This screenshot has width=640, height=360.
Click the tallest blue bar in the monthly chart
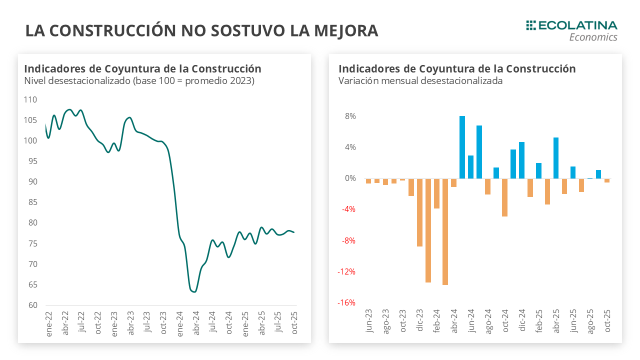(x=462, y=147)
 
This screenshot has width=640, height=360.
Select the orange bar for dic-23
(x=419, y=212)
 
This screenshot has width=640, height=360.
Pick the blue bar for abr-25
(x=556, y=158)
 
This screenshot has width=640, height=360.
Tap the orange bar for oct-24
(x=505, y=197)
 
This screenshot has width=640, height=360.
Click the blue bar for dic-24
(x=522, y=160)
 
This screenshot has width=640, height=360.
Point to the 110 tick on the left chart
(x=30, y=99)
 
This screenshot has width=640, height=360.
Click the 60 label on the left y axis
(x=31, y=305)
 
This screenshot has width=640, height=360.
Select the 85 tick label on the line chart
(x=31, y=202)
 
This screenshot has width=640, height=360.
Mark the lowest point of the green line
(x=194, y=291)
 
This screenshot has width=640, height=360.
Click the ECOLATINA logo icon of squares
(x=531, y=25)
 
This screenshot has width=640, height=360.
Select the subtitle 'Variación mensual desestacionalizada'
(x=420, y=80)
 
